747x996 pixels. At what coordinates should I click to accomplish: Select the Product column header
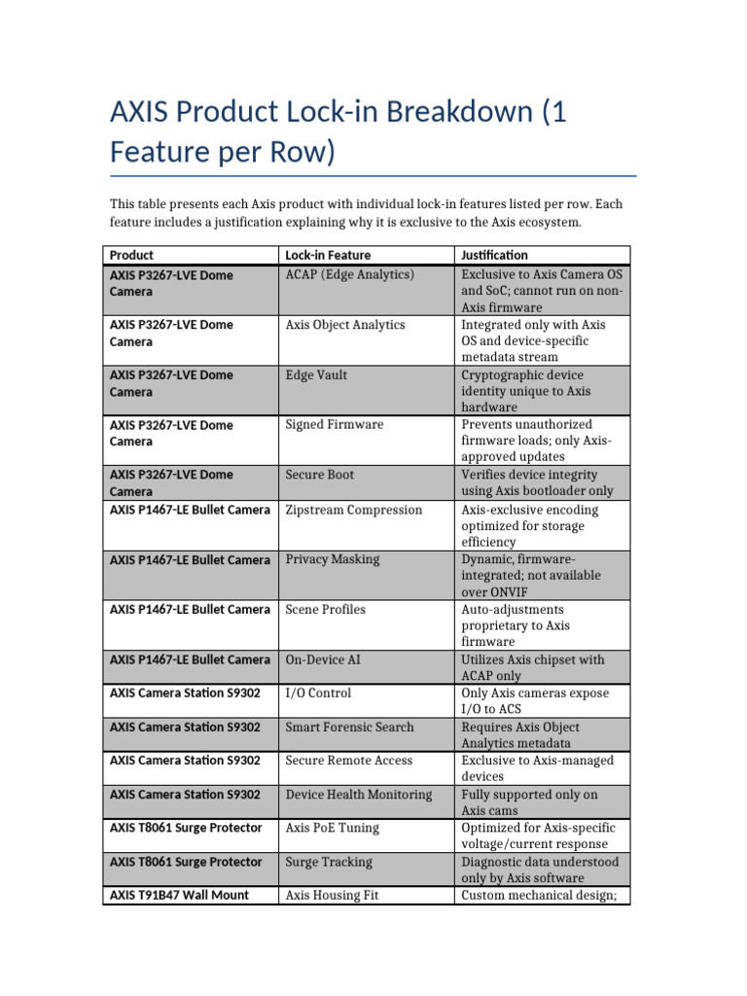pyautogui.click(x=131, y=255)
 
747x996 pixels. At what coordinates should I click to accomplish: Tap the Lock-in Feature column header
pyautogui.click(x=328, y=255)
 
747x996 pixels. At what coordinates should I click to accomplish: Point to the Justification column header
pyautogui.click(x=494, y=255)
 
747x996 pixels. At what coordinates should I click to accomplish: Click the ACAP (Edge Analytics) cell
pyautogui.click(x=349, y=275)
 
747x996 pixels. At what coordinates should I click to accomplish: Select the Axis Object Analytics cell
pyautogui.click(x=344, y=325)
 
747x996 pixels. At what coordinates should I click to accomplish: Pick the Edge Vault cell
pyautogui.click(x=316, y=375)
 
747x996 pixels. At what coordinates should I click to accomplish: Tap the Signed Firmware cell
pyautogui.click(x=334, y=425)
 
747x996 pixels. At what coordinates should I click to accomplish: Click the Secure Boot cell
pyautogui.click(x=319, y=475)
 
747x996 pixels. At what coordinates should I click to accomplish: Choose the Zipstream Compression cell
pyautogui.click(x=353, y=510)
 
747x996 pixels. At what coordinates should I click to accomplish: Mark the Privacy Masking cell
pyautogui.click(x=332, y=559)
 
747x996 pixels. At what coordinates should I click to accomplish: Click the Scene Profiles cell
pyautogui.click(x=325, y=609)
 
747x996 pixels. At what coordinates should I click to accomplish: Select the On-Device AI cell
pyautogui.click(x=323, y=659)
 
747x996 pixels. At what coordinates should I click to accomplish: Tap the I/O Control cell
pyautogui.click(x=318, y=694)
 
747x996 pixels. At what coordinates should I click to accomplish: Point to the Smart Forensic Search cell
pyautogui.click(x=349, y=728)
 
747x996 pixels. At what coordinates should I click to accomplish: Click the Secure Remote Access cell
pyautogui.click(x=348, y=761)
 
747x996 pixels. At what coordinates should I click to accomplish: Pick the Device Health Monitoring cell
pyautogui.click(x=358, y=795)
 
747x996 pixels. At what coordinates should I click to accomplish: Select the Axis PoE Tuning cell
pyautogui.click(x=332, y=828)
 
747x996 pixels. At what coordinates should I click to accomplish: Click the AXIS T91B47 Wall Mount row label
pyautogui.click(x=179, y=895)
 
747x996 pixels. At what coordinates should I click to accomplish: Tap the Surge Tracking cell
pyautogui.click(x=328, y=862)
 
